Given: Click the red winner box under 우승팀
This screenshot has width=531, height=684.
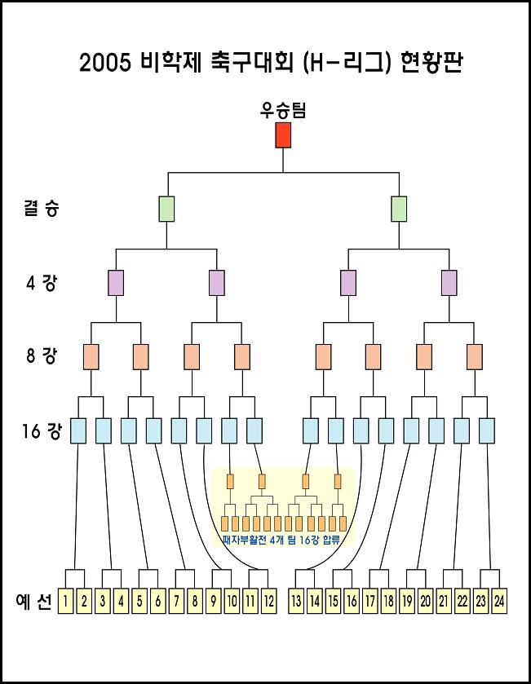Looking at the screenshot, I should click(283, 135).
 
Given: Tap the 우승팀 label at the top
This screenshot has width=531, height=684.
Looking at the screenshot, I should click(283, 110).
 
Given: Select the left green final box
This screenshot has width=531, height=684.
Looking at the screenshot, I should click(166, 209).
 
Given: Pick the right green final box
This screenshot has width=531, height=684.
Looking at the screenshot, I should click(399, 209).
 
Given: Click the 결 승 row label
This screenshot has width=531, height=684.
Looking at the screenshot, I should click(40, 209).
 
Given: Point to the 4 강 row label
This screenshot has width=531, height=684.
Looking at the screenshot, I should click(41, 284).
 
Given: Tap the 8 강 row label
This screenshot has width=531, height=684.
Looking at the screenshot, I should click(41, 356).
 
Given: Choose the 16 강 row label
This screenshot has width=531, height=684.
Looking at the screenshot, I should click(41, 430).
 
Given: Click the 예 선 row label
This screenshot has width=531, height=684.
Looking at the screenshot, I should click(34, 602).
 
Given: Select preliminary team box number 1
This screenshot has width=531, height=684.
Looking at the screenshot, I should click(65, 602).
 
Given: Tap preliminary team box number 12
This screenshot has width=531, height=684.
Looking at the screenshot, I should click(268, 602).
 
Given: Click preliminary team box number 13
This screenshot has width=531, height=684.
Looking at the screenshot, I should click(296, 602).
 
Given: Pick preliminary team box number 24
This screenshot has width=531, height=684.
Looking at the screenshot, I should click(499, 602).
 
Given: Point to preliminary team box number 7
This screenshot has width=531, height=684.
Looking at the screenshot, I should click(176, 602).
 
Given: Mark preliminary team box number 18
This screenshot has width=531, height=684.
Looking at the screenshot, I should click(388, 602).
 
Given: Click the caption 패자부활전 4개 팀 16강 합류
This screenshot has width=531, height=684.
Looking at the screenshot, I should click(281, 540).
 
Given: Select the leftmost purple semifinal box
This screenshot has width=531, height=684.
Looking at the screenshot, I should click(116, 283).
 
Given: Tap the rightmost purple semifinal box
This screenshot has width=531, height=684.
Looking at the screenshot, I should click(449, 283).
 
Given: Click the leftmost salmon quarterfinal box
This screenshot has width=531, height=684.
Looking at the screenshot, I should click(91, 356).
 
